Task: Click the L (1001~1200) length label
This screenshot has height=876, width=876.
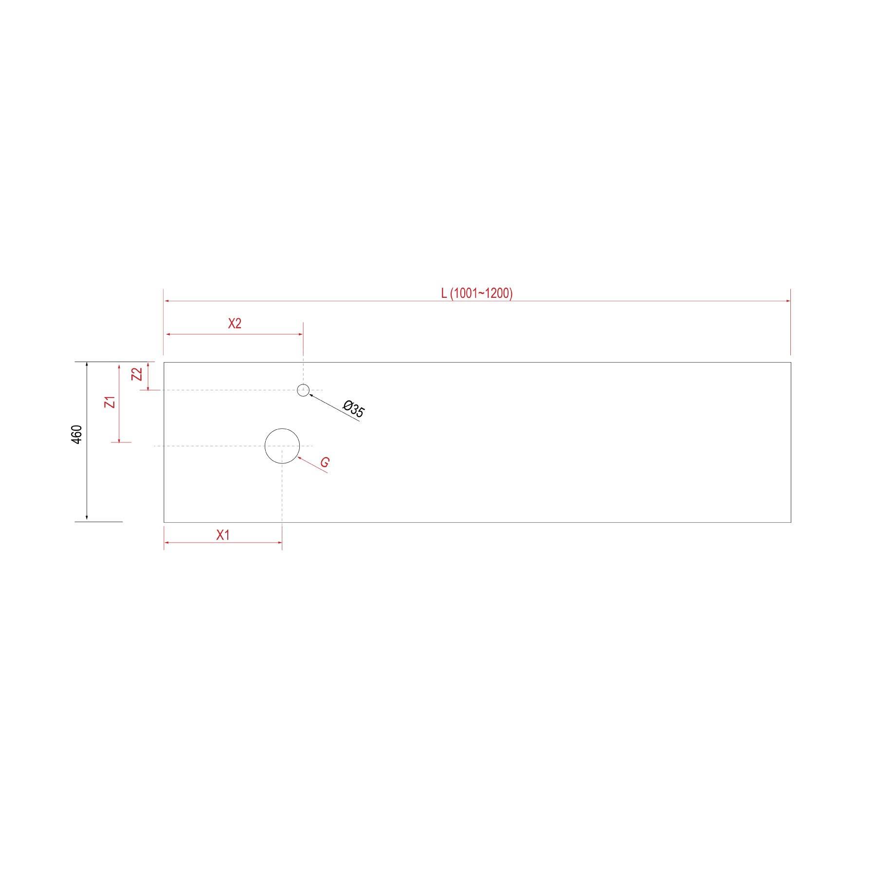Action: click(476, 293)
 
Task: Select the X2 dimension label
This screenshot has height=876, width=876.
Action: click(235, 324)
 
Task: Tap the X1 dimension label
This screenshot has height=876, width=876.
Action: click(223, 535)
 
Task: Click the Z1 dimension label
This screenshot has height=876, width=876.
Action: click(111, 402)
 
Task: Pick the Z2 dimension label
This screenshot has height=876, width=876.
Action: click(138, 374)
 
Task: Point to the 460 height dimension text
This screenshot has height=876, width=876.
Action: click(77, 435)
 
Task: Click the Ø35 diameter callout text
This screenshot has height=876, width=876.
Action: click(353, 409)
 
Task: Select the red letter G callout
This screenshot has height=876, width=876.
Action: click(325, 462)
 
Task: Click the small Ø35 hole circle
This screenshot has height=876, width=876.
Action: click(303, 390)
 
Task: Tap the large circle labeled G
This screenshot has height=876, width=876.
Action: click(282, 446)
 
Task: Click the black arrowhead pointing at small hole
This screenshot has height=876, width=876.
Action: click(311, 395)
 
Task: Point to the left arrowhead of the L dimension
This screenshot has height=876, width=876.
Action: click(167, 301)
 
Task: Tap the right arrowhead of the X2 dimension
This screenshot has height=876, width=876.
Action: click(300, 334)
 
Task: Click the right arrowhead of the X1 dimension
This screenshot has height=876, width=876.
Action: click(279, 542)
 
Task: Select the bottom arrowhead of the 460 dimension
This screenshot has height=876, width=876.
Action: click(87, 518)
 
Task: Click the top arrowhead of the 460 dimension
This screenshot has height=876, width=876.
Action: click(87, 365)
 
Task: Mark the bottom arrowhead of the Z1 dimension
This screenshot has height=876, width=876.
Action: click(119, 439)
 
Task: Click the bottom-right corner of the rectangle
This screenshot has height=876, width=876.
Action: click(790, 522)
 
